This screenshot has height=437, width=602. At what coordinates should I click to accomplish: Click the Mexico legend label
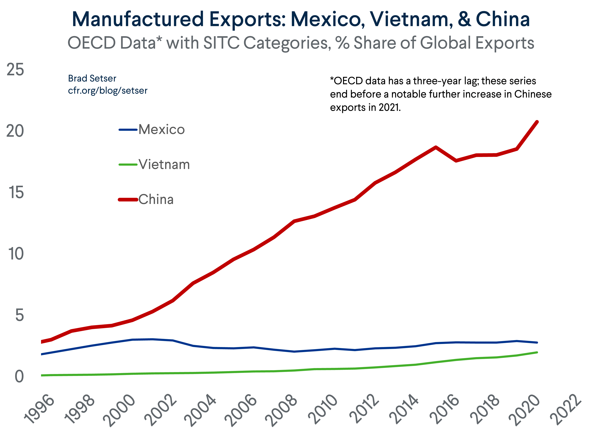coord(161,130)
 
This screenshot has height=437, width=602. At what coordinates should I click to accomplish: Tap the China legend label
coord(156,200)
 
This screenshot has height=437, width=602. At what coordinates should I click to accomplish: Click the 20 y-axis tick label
coord(15,131)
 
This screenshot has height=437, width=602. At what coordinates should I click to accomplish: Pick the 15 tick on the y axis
coord(16,192)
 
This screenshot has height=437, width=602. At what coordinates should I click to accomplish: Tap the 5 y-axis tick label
coord(19,315)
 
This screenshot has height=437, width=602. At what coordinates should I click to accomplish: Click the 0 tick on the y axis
coord(19,377)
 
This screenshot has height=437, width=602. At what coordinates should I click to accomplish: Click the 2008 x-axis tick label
coord(281,410)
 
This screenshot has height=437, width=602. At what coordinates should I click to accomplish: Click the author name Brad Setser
coord(92,79)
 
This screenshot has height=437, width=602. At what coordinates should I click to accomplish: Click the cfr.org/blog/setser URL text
coord(108,91)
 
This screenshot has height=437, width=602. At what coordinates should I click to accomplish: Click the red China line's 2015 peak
coord(436,147)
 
